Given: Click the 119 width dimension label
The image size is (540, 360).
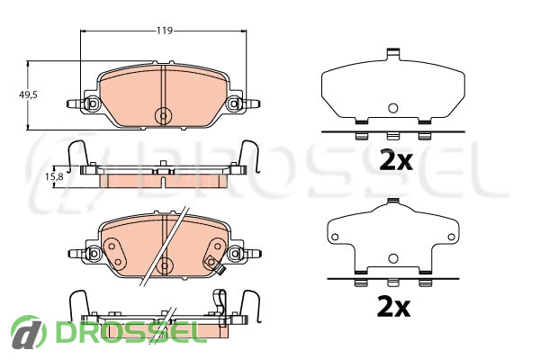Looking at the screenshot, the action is (165, 31).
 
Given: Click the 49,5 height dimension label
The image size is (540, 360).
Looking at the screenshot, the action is (28, 94).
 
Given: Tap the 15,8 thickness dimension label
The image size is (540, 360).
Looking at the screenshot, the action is (54, 176).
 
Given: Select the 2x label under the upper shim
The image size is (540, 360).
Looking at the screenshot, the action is (396, 160).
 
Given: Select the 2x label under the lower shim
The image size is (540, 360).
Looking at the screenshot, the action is (393, 307).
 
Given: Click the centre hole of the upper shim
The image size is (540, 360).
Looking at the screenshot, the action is (393, 108).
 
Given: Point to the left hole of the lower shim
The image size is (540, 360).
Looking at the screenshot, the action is (335, 237).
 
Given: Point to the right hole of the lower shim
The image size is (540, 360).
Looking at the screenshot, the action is (451, 237).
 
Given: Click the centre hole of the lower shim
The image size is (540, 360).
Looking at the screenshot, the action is (393, 258).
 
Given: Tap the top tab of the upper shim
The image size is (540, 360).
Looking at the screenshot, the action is (393, 54).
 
